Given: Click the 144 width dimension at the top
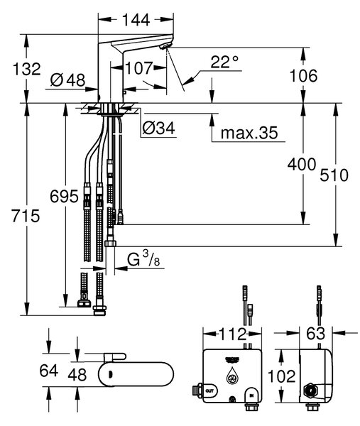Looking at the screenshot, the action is click(x=136, y=20).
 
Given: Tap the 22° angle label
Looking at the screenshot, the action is click(x=224, y=62).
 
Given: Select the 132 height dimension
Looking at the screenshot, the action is click(x=27, y=69).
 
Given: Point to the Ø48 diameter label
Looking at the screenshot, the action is click(x=67, y=80).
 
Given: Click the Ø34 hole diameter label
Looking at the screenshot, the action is click(x=158, y=128).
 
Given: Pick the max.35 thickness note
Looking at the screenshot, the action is click(x=249, y=133).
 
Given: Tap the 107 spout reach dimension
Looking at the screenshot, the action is click(x=139, y=68).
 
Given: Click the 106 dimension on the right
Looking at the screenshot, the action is click(x=303, y=75).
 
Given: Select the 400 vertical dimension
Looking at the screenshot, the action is click(x=302, y=164).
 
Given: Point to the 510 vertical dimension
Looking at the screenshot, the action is click(x=334, y=175).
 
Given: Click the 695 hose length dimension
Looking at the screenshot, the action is click(x=64, y=196).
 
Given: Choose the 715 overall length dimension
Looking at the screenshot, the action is click(x=26, y=216).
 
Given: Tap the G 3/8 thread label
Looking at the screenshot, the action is click(x=143, y=258).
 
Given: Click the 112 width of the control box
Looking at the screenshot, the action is click(x=233, y=334).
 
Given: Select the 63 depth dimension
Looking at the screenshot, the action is click(x=316, y=334).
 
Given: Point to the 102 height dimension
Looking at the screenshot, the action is click(x=281, y=376).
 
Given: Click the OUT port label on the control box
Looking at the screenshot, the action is click(x=209, y=391).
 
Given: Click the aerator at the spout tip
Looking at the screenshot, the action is click(x=165, y=46).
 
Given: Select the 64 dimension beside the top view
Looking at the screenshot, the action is click(x=48, y=371).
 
